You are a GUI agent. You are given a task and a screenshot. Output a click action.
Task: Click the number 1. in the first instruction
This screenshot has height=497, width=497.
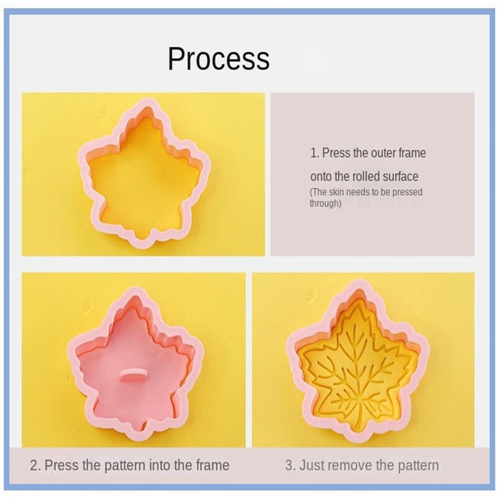pos(314,152)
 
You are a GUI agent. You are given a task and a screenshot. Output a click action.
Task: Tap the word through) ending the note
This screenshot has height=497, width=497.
pos(326,203)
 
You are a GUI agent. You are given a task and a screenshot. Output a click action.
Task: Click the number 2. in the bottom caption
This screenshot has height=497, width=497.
pos(35,465)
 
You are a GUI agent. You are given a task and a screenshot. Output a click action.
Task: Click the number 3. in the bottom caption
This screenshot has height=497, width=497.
pos(290,465)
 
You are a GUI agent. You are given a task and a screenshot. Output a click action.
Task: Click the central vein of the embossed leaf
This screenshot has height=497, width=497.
pos(360,367)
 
